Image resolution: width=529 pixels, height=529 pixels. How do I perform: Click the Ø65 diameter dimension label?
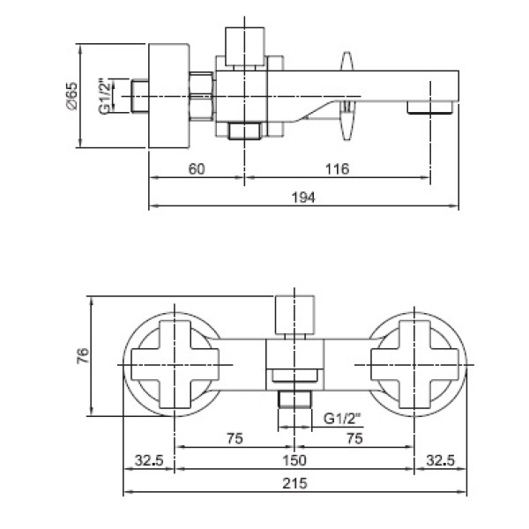coord(72,96)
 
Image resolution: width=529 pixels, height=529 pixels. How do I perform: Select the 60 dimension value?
coord(197,169)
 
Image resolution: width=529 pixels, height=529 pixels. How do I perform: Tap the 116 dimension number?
coord(338,169)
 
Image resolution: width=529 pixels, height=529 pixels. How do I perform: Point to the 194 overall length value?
coord(303,197)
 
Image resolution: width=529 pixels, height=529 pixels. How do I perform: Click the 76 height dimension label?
coord(83,355)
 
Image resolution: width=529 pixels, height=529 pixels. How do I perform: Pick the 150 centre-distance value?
coord(294,460)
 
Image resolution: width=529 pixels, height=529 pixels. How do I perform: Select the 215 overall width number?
coord(294,483)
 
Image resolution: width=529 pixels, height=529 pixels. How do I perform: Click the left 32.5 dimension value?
coord(149,460)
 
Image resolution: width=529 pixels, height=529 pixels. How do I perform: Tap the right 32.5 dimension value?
coord(441,460)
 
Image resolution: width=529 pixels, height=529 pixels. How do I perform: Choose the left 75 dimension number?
coord(235,438)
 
